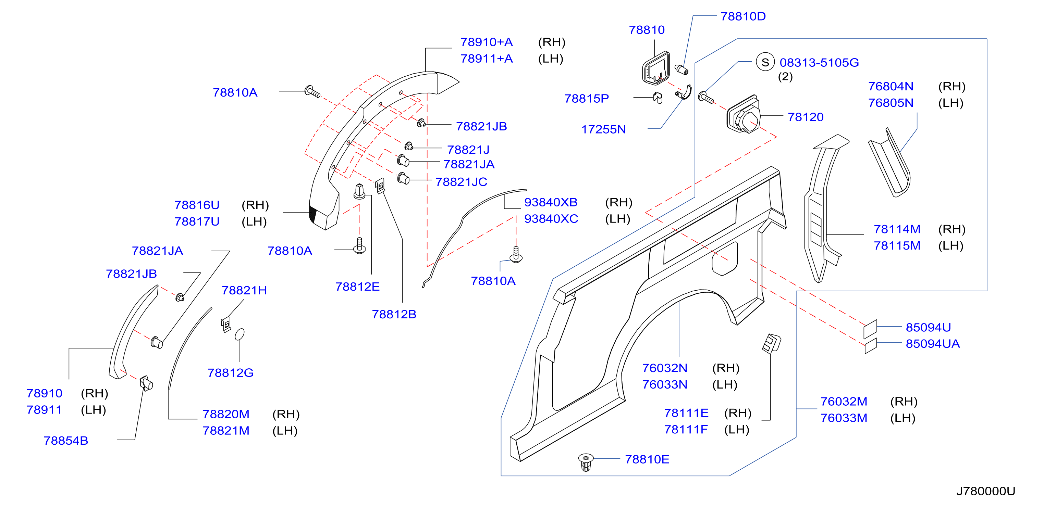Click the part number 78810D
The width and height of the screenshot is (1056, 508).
743,16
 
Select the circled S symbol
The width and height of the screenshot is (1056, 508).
765,62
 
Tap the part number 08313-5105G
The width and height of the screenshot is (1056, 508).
819,63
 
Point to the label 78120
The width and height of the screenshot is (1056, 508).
806,117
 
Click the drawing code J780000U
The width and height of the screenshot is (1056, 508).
985,491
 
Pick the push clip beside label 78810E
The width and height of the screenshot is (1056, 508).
586,462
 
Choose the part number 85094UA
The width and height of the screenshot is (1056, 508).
933,344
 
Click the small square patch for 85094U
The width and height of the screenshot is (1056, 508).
870,329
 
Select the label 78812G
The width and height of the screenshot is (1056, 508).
230,373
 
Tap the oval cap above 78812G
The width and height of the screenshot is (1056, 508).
240,334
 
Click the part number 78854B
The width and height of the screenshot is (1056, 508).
66,441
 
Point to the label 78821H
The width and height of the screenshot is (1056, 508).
244,291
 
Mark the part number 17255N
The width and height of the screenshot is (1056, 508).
603,129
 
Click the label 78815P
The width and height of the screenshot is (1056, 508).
587,98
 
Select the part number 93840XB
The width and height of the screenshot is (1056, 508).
551,202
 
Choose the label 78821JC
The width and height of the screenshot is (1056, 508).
461,182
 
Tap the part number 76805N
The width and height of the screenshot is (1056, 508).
891,103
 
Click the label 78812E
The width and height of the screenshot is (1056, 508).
357,287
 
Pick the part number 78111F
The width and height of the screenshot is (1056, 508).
686,429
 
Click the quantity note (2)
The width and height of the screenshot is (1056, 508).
785,77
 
